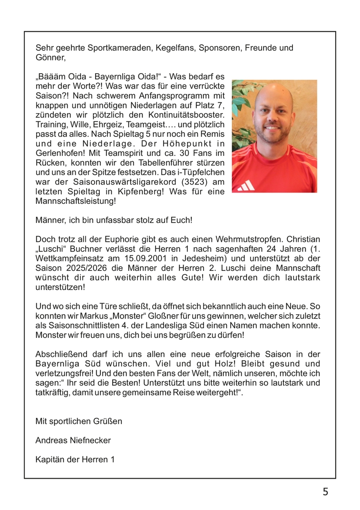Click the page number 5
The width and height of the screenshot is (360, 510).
pyautogui.click(x=325, y=492)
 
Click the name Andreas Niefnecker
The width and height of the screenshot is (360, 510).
pyautogui.click(x=73, y=440)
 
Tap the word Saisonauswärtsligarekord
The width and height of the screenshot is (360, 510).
pyautogui.click(x=115, y=183)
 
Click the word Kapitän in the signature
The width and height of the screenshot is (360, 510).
pyautogui.click(x=49, y=460)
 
